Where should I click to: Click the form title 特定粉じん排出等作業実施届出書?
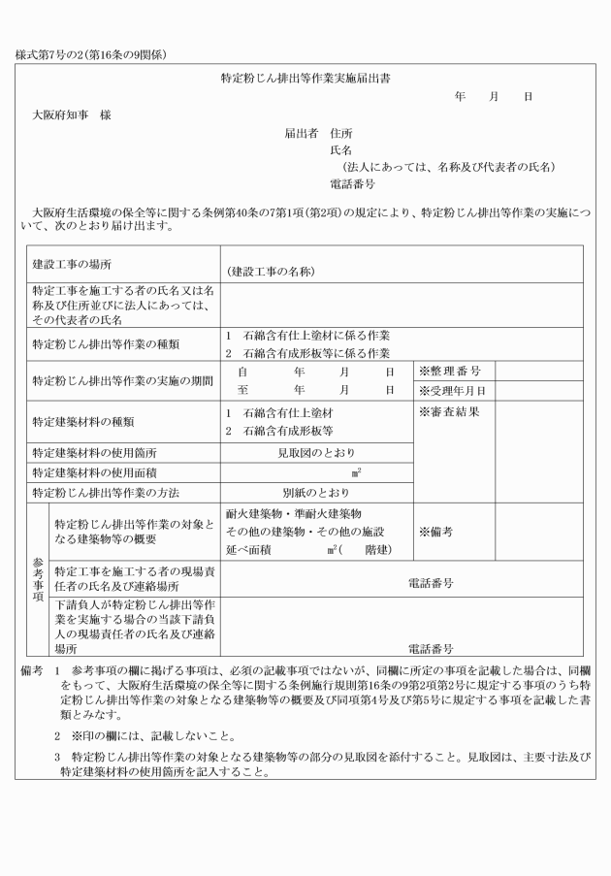tap(305, 77)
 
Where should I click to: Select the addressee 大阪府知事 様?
tap(71, 114)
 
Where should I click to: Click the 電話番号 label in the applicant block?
tap(352, 183)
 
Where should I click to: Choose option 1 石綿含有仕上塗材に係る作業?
tap(307, 335)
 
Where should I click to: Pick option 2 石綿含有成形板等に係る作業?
tap(307, 352)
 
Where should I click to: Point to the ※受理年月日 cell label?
tap(452, 391)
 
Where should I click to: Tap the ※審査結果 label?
tap(449, 411)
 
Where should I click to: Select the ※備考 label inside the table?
tap(436, 532)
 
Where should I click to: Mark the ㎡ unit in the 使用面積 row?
tap(357, 472)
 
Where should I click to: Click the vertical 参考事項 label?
tap(37, 580)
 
